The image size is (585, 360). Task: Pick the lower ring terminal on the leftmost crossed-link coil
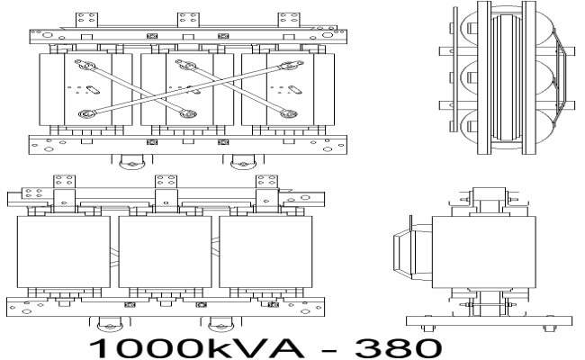pyautogui.click(x=86, y=115)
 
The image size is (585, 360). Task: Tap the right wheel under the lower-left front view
pyautogui.click(x=216, y=322)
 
